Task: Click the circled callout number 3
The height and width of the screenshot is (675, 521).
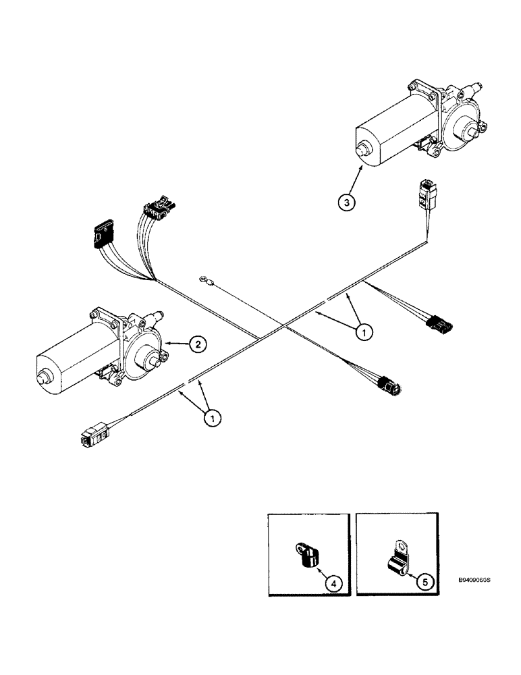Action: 346,202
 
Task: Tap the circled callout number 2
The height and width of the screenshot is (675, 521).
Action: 196,345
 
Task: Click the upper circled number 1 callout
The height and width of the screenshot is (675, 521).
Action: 364,331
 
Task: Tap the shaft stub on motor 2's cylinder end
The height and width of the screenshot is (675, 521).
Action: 45,377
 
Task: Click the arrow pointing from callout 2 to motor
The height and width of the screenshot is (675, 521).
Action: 174,344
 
